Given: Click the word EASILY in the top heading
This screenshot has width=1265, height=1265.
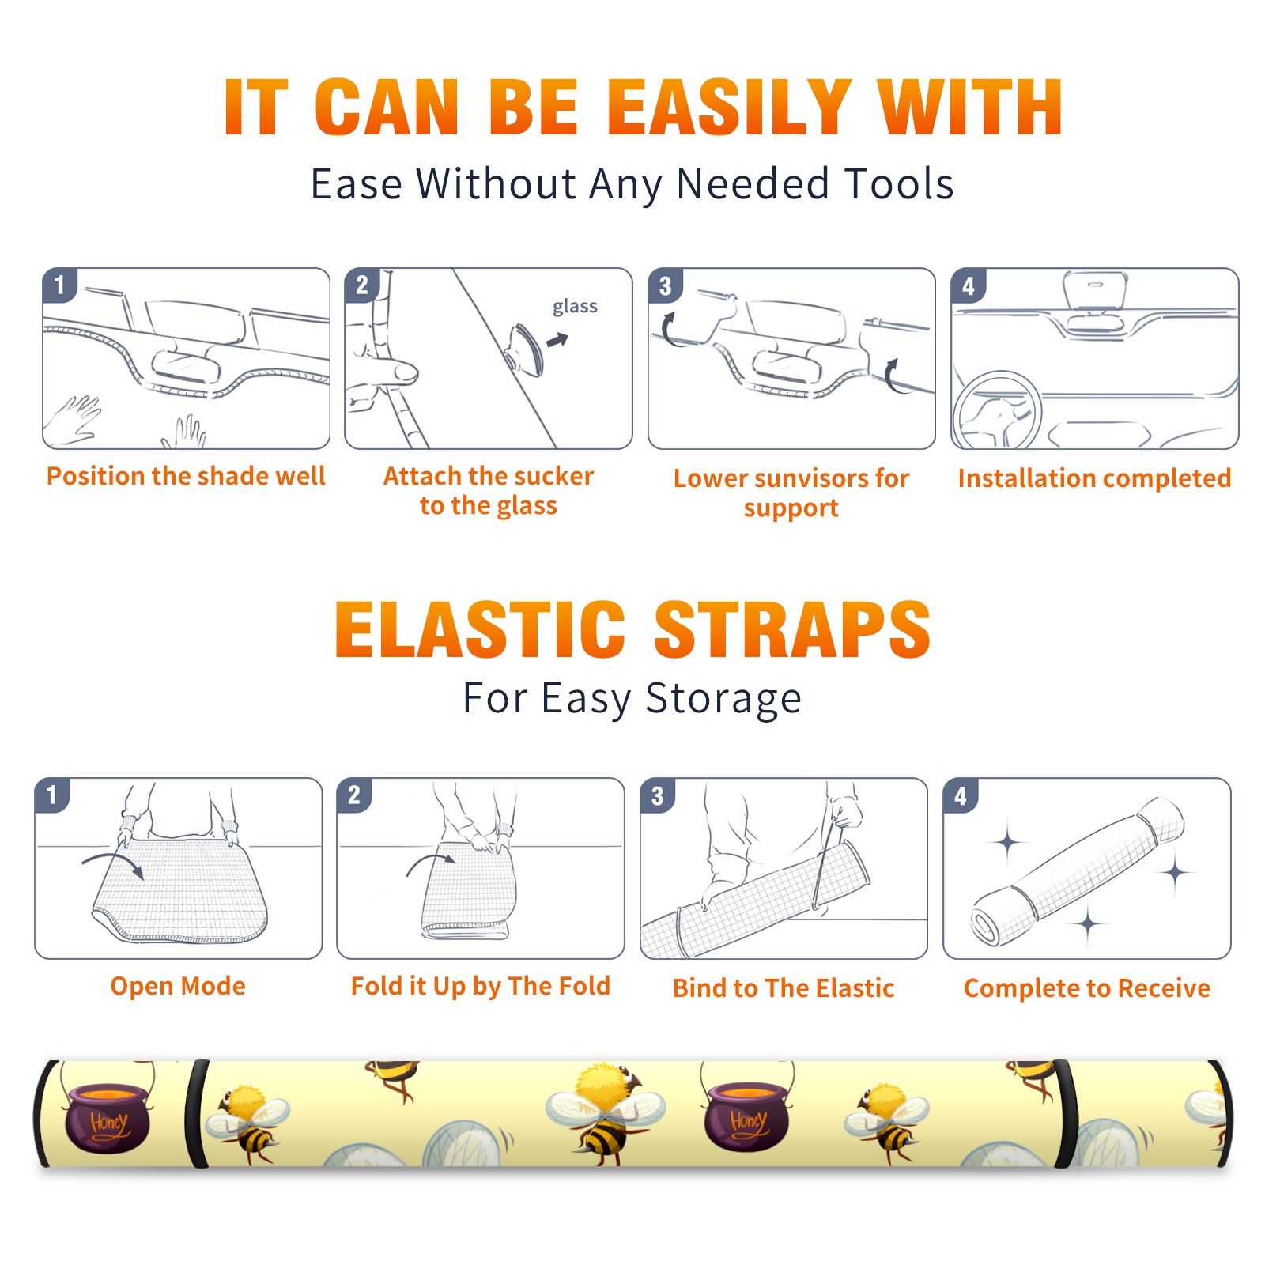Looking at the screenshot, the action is (x=730, y=108).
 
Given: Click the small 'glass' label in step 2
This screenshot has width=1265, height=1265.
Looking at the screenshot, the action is (x=575, y=306).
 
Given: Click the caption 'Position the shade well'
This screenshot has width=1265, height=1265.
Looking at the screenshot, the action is (x=186, y=476).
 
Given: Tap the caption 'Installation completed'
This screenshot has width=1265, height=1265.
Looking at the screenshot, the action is (x=1094, y=478).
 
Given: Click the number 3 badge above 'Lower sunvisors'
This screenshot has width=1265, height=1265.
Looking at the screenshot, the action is (x=665, y=286).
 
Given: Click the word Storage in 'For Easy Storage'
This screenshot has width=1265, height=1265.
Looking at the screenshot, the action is (x=723, y=699).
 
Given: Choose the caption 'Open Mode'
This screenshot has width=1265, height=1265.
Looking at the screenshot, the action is (x=178, y=986).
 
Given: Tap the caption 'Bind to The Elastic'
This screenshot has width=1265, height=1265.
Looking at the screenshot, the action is (x=784, y=988).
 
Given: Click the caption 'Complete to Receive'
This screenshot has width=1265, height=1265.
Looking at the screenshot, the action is (x=1087, y=988).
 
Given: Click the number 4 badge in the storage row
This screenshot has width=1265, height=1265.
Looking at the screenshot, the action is (x=961, y=795).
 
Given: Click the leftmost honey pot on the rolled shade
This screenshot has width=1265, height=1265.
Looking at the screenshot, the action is (x=108, y=1116).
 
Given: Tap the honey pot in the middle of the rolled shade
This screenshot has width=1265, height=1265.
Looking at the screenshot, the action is (x=746, y=1116).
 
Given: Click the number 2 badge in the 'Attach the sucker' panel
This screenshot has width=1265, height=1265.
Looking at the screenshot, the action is (x=362, y=285).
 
